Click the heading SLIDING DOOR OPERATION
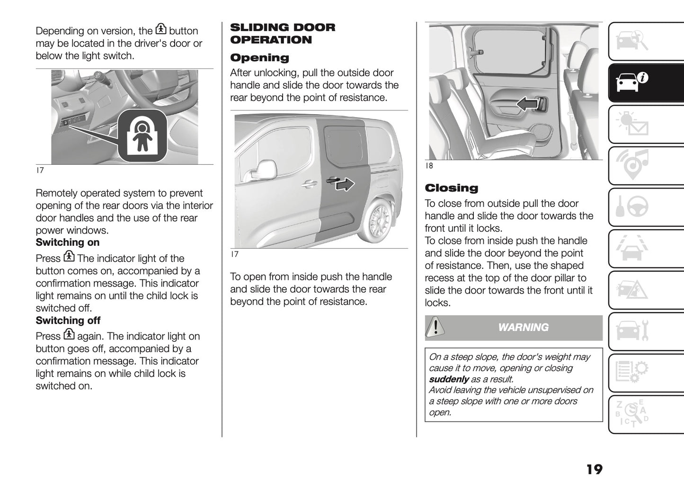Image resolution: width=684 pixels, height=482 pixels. point(282,34)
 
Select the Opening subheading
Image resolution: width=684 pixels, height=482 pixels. point(259,58)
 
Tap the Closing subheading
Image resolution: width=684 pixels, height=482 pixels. point(451,188)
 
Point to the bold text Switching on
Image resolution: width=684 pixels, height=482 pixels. point(68,242)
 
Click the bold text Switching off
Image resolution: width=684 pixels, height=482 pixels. point(68,321)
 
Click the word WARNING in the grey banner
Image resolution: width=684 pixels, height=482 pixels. point(523,327)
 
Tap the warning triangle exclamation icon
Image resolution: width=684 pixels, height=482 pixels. point(435,327)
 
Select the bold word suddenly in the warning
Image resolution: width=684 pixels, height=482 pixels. point(448,379)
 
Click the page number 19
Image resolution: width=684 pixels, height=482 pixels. point(594,469)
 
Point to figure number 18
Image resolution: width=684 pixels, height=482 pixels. point(429,166)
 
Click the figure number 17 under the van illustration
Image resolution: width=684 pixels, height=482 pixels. point(234,254)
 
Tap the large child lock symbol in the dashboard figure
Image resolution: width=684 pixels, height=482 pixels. point(141,136)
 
